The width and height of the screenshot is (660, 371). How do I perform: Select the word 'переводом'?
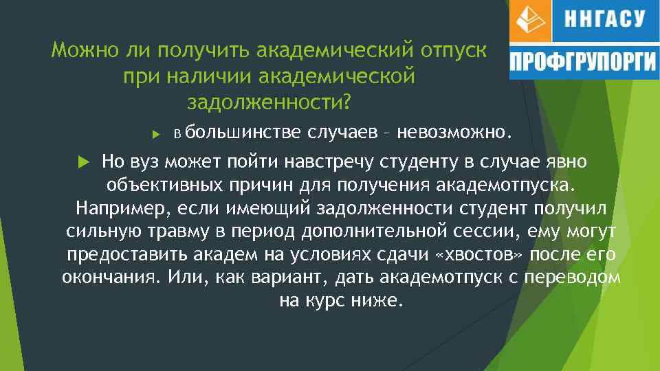[582, 278]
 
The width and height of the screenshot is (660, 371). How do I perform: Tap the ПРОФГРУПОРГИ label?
[582, 63]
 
